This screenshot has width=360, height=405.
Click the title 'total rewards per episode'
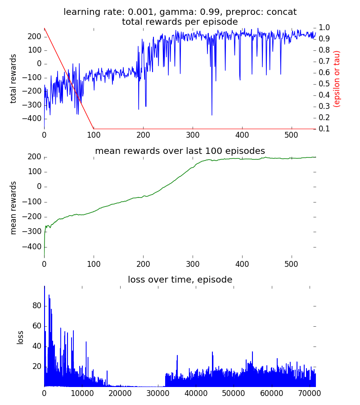pyautogui.click(x=180, y=22)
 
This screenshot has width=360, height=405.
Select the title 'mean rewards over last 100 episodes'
pyautogui.click(x=180, y=151)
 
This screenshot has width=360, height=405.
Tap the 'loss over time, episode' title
pyautogui.click(x=180, y=279)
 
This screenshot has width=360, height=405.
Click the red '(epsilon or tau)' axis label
pyautogui.click(x=337, y=78)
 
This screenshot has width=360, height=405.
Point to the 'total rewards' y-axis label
pyautogui.click(x=13, y=78)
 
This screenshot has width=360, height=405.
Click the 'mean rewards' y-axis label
pyautogui.click(x=13, y=207)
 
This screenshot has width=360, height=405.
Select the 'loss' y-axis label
pyautogui.click(x=20, y=337)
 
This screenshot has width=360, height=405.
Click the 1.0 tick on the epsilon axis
pyautogui.click(x=325, y=27)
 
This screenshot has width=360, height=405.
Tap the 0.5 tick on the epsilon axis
pyautogui.click(x=325, y=84)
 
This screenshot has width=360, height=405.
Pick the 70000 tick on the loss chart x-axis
pyautogui.click(x=309, y=393)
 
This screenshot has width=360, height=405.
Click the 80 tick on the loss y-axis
pyautogui.click(x=36, y=306)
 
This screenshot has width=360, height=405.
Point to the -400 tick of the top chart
pyautogui.click(x=30, y=119)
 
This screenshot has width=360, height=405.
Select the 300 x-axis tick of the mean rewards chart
pyautogui.click(x=193, y=264)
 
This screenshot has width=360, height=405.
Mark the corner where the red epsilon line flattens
pyautogui.click(x=94, y=129)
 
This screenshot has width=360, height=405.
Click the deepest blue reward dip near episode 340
pyautogui.click(x=212, y=115)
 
